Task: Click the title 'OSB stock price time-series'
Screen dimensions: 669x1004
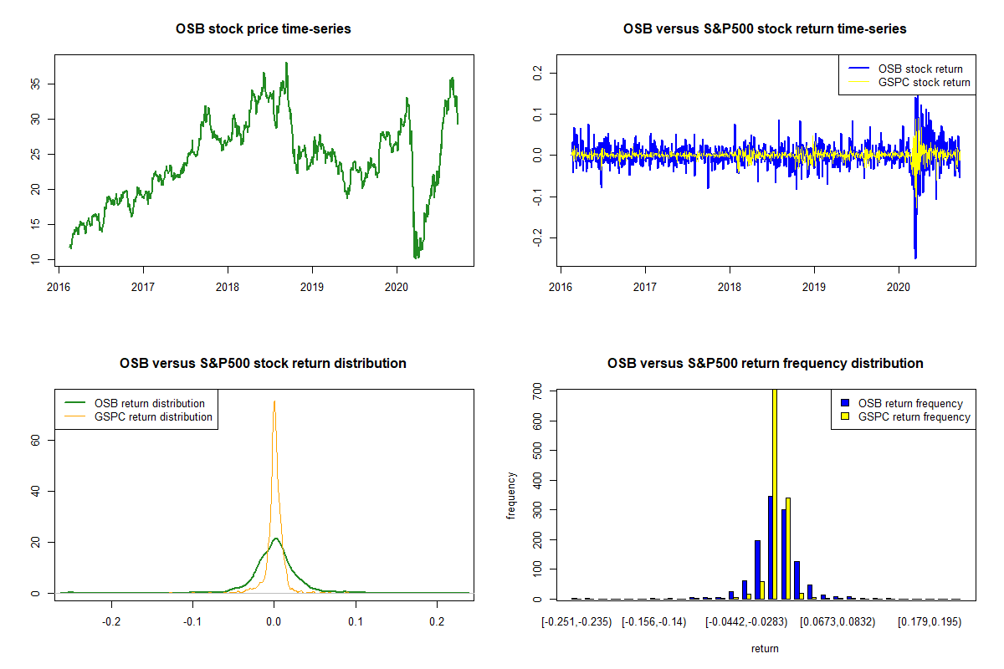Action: coord(263,29)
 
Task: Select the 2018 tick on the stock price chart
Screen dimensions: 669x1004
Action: coord(228,282)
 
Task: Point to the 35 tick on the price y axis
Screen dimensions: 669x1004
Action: coord(38,84)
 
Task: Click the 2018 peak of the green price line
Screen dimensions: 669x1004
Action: coord(286,64)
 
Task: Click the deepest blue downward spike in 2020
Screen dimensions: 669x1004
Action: coord(915,257)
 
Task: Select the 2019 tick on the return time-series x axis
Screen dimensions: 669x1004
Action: coord(814,282)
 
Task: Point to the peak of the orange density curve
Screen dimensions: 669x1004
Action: coord(274,401)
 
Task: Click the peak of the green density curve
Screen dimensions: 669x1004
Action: coord(274,539)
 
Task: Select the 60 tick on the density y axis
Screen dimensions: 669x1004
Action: coord(38,440)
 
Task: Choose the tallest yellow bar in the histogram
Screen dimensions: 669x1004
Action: coord(775,493)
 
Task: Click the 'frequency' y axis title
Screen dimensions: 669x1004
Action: coord(511,496)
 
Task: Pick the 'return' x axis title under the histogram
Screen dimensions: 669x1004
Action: coord(765,648)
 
